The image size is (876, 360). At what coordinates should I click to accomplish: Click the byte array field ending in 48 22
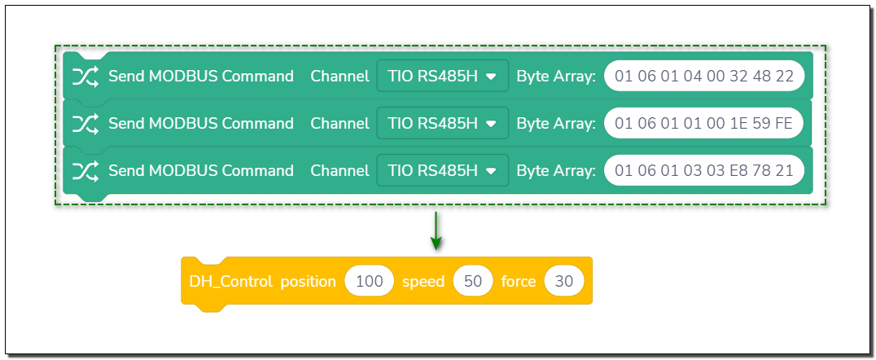(x=704, y=76)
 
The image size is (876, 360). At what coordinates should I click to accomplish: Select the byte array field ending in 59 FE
(x=704, y=123)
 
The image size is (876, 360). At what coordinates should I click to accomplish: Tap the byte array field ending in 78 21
(x=704, y=170)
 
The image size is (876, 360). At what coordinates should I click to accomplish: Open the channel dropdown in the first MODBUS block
(x=442, y=76)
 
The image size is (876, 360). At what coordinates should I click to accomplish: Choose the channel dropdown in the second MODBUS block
(x=442, y=123)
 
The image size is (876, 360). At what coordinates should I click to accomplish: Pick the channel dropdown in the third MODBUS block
(x=442, y=170)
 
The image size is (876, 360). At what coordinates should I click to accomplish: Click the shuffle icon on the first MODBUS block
(x=85, y=76)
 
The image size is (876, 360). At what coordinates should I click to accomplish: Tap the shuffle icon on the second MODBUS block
(x=85, y=123)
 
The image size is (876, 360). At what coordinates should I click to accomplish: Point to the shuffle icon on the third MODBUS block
(x=85, y=170)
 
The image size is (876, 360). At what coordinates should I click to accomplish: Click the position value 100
(x=370, y=281)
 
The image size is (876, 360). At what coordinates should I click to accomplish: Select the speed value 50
(x=473, y=281)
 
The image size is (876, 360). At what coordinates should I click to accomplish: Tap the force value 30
(x=563, y=281)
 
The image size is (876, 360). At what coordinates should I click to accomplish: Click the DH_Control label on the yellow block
(x=230, y=281)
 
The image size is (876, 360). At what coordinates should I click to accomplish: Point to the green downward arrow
(x=436, y=230)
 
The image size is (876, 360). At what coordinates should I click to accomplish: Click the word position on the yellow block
(x=308, y=282)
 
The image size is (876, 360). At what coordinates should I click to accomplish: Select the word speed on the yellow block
(x=423, y=282)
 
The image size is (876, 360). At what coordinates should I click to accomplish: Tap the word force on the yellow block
(x=519, y=281)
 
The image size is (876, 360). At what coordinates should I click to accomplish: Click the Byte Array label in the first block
(x=556, y=76)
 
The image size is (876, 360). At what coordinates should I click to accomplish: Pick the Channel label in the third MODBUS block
(x=339, y=170)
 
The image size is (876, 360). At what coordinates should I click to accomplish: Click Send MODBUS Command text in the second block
(x=201, y=123)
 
